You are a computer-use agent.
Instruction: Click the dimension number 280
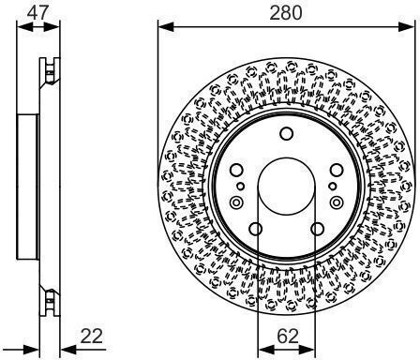pyautogui.click(x=286, y=13)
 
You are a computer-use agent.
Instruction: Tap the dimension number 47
pyautogui.click(x=37, y=12)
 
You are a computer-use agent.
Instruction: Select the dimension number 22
pyautogui.click(x=91, y=337)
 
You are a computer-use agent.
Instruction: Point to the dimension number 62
pyautogui.click(x=288, y=337)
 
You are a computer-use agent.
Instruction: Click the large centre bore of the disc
pyautogui.click(x=286, y=187)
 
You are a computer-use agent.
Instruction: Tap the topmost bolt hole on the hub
pyautogui.click(x=286, y=134)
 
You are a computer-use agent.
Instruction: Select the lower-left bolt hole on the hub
pyautogui.click(x=256, y=229)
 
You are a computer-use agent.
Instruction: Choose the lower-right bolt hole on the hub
pyautogui.click(x=317, y=229)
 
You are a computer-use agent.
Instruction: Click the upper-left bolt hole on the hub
pyautogui.click(x=236, y=170)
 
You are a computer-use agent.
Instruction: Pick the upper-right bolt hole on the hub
pyautogui.click(x=337, y=170)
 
